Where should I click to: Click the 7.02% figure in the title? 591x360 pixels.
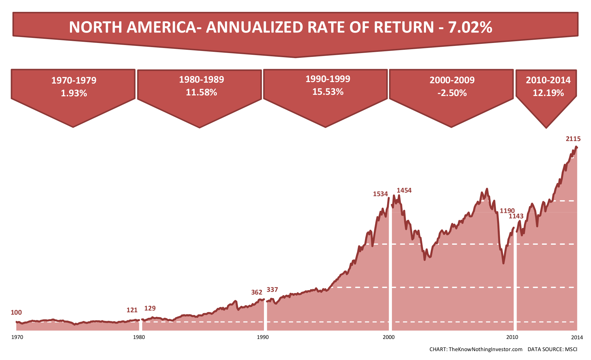(x=470, y=27)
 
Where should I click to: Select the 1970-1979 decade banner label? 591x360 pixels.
(x=74, y=80)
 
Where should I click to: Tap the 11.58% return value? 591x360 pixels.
(x=201, y=92)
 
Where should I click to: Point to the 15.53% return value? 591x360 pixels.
(x=328, y=92)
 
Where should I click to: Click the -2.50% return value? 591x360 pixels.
(x=452, y=93)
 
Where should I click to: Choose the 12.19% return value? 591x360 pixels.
(x=548, y=93)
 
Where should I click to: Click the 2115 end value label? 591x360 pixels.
(x=573, y=139)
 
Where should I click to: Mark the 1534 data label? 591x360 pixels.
(x=380, y=194)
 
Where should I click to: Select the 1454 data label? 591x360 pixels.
(x=404, y=190)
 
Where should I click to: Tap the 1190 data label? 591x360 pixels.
(x=507, y=211)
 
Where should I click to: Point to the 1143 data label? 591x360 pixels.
(x=516, y=216)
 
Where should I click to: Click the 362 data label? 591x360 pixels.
(x=257, y=292)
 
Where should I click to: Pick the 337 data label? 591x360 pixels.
(x=272, y=289)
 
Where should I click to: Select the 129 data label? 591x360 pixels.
(x=150, y=308)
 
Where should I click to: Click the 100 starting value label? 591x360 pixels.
(x=16, y=312)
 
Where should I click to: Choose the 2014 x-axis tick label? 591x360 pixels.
(x=577, y=337)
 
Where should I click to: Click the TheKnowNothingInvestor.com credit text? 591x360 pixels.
(x=486, y=349)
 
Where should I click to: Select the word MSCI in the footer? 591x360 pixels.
(x=571, y=349)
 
